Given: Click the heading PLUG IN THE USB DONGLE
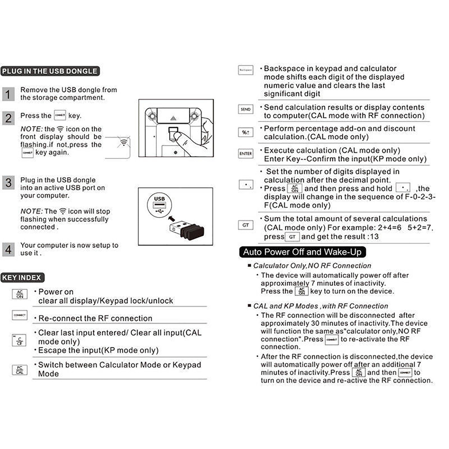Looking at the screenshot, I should [x=50, y=71].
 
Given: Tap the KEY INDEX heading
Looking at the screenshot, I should [x=22, y=278].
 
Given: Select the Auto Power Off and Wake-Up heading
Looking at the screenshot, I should [x=302, y=252].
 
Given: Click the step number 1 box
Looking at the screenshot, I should [x=8, y=94].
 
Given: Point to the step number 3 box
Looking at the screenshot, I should [x=8, y=183].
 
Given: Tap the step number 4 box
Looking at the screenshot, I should [x=8, y=249].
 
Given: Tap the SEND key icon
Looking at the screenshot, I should [x=246, y=109].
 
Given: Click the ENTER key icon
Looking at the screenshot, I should [x=246, y=154].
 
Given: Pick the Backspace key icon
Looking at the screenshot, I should [x=246, y=70].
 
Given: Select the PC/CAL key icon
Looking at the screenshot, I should [x=20, y=370].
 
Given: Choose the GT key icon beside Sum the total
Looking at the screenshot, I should [x=246, y=225].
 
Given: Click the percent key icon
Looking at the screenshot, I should [x=246, y=132].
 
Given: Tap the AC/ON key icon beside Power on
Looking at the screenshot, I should [x=20, y=294].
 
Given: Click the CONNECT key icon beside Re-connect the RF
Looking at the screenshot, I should [x=20, y=315].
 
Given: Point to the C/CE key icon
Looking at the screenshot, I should [x=19, y=340].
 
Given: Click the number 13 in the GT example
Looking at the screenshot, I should [x=374, y=237].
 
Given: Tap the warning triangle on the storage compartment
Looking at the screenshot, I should [x=173, y=118].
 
